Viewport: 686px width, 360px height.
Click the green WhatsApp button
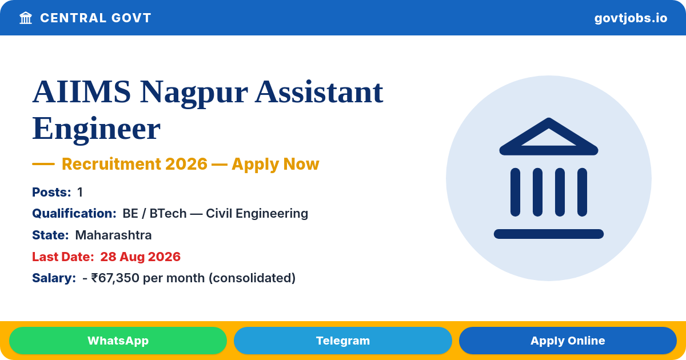coord(118,341)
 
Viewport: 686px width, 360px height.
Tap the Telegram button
coord(342,341)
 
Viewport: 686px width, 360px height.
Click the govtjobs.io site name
coord(631,18)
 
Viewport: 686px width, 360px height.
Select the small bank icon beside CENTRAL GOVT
coord(26,18)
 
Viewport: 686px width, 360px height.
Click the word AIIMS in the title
coord(81,92)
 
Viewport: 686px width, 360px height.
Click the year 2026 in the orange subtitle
coord(186,164)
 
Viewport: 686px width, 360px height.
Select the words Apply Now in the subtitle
coord(276,165)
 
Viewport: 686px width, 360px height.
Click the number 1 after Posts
coord(80,192)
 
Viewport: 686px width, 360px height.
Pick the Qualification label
coord(74,213)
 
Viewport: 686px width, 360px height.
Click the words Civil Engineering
coord(257,214)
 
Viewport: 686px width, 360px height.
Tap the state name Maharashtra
coord(113,235)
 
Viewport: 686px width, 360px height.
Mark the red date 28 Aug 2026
coord(140,257)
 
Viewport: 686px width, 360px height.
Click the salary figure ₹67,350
coord(115,278)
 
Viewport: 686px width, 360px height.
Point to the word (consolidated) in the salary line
coord(252,278)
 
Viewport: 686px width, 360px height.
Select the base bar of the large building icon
coord(548,234)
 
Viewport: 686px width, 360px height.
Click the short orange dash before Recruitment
coord(43,164)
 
